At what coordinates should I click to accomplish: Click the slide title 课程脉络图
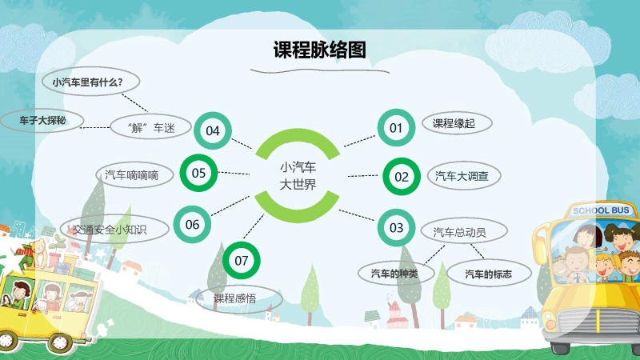coord(319,50)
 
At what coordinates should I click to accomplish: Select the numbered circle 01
coord(395,127)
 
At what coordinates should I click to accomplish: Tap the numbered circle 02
coord(402,177)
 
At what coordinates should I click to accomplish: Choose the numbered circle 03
coord(397,227)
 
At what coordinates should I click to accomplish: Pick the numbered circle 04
coord(212,130)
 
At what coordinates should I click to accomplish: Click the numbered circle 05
coord(199,172)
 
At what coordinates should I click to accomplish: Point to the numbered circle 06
coord(193,225)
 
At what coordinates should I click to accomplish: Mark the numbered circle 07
coord(242,260)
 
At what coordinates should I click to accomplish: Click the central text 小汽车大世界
coord(298,176)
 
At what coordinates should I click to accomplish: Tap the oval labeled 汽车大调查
coord(462,175)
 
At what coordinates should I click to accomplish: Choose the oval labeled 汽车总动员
coord(459,232)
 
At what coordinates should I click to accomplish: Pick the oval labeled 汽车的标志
coord(489,274)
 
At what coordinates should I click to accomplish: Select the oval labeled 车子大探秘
coord(42,121)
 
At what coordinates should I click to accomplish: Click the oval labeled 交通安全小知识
coord(115,229)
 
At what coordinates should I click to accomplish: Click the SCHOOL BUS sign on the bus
coord(601,210)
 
